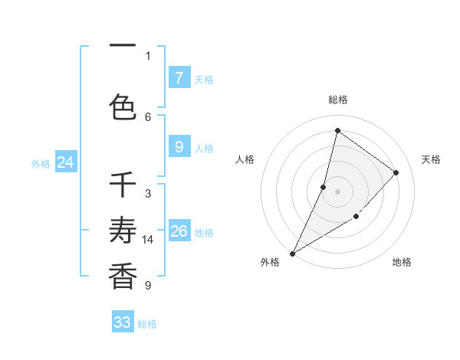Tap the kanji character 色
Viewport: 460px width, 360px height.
tap(123, 107)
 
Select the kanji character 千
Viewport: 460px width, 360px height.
tap(123, 185)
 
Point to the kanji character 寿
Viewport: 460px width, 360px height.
tap(123, 230)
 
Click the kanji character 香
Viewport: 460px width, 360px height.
tap(123, 276)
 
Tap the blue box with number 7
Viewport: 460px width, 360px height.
tap(179, 77)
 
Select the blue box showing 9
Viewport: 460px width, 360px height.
tap(179, 147)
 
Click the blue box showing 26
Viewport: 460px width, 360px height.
tap(179, 231)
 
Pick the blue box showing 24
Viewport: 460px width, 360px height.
tap(65, 162)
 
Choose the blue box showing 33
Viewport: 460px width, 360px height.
tap(123, 322)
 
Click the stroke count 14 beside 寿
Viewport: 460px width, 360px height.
tap(148, 240)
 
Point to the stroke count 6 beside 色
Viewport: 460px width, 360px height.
tap(148, 116)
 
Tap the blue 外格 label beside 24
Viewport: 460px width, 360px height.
tap(41, 163)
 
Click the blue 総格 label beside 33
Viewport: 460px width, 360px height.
tap(147, 324)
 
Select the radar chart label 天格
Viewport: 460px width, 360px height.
tap(431, 159)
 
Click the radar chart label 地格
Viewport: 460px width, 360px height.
tap(402, 262)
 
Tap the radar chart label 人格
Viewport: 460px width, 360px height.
tap(245, 159)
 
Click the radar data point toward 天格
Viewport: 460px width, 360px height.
tap(396, 172)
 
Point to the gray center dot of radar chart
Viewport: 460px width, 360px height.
tap(337, 191)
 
